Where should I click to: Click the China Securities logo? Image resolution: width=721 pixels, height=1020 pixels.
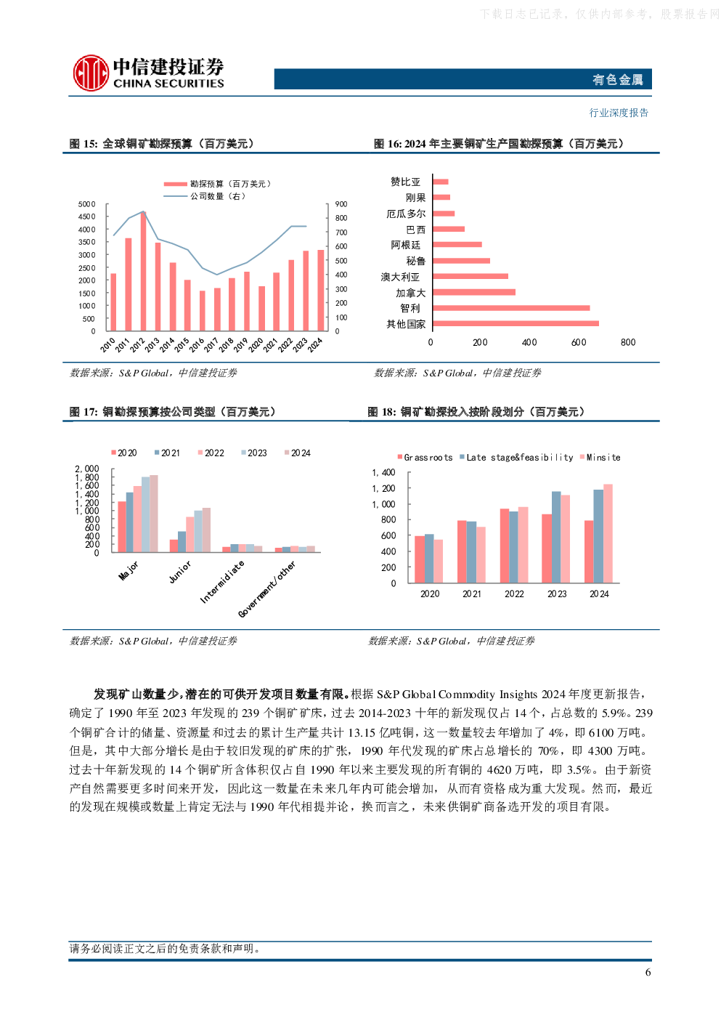[x=148, y=73]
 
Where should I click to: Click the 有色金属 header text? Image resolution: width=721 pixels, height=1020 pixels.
[x=617, y=79]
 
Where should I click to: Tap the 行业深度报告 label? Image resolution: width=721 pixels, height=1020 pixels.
[x=619, y=113]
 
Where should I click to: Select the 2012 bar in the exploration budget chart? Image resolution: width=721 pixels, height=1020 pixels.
[x=143, y=271]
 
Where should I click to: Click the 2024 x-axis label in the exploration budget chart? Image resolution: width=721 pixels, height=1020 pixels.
[x=315, y=345]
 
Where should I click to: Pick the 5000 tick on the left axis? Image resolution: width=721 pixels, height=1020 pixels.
[x=86, y=204]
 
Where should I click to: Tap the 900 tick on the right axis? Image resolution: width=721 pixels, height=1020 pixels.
[x=341, y=204]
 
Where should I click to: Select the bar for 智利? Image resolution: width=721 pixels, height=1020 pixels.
[x=511, y=308]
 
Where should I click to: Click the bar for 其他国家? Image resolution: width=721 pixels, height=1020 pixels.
[x=516, y=323]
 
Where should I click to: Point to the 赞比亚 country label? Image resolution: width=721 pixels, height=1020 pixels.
[x=405, y=182]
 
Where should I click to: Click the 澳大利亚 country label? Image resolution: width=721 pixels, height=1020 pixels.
[x=400, y=277]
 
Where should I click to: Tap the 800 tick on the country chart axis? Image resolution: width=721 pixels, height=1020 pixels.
[x=628, y=342]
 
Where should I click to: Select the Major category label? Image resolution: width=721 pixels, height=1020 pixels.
[x=129, y=570]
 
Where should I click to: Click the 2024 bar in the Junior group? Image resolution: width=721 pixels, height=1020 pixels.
[x=206, y=530]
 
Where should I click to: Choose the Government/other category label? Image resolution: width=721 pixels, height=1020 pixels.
[x=266, y=589]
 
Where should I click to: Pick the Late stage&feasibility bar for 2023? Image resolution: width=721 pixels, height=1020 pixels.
[x=556, y=537]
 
